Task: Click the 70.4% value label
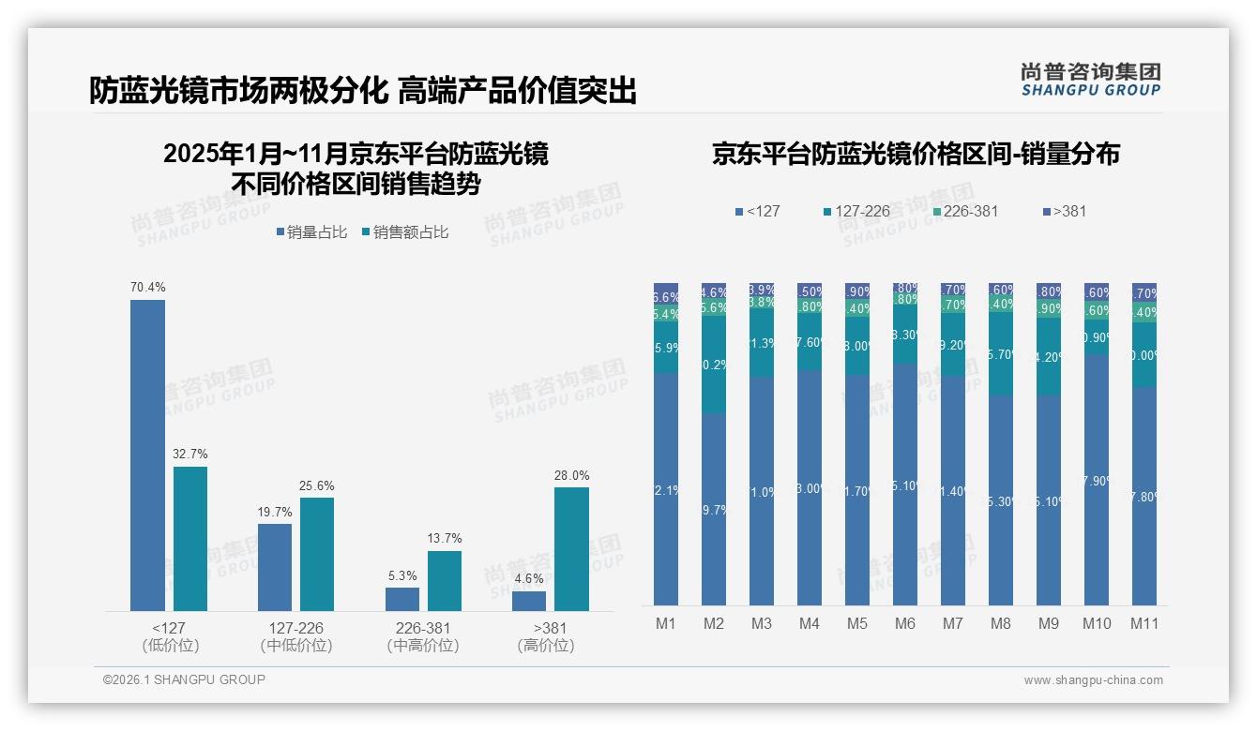pos(147,287)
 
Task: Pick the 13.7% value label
pos(445,539)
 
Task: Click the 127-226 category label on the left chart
pos(295,628)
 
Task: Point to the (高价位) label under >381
pos(545,646)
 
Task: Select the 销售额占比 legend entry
pos(404,232)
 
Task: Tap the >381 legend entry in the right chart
pos(1064,211)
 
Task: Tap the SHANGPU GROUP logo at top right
pos(1090,80)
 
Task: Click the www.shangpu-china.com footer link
pos(1093,680)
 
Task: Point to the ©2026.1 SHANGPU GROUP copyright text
pos(184,679)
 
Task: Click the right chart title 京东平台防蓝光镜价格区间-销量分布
pos(916,155)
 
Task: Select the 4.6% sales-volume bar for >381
pos(529,601)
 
